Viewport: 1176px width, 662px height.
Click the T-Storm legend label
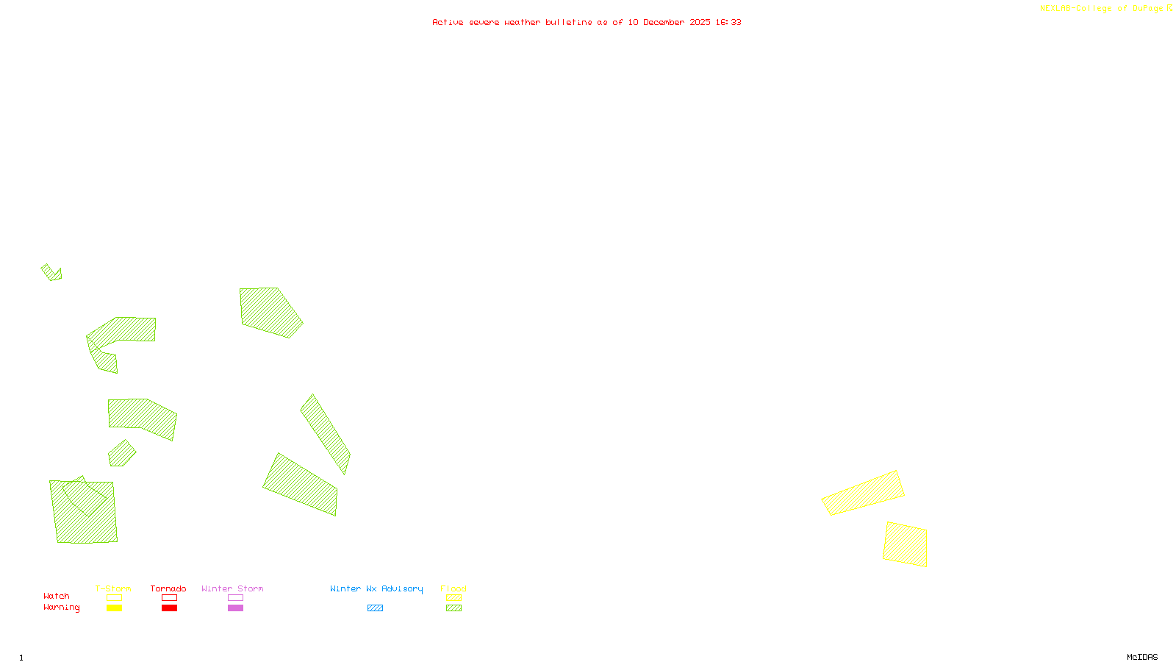tap(113, 588)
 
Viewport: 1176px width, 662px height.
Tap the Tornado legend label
tap(168, 588)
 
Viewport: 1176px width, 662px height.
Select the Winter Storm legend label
tap(232, 588)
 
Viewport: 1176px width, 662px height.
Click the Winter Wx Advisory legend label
tap(376, 588)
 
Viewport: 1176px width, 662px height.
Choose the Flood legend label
tap(453, 588)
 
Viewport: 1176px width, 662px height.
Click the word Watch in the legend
tap(57, 596)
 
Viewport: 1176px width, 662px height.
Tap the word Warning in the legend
tap(62, 608)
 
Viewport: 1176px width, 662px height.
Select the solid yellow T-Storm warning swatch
tap(114, 608)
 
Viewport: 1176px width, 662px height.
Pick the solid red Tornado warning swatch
tap(169, 608)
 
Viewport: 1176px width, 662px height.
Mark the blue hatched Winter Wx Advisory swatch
tap(375, 608)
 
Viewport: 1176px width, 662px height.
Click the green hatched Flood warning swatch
tap(453, 608)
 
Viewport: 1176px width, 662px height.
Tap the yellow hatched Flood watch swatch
tap(453, 598)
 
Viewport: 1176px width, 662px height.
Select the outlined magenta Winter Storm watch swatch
tap(235, 598)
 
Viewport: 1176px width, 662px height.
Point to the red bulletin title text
tap(587, 22)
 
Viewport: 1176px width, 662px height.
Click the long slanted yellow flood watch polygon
tap(863, 493)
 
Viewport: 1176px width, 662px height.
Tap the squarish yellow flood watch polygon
tap(906, 544)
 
